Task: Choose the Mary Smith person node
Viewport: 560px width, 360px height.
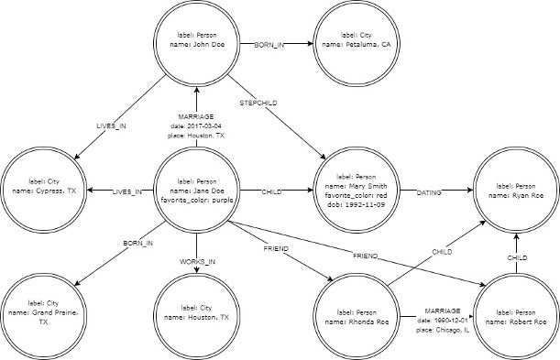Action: [353, 190]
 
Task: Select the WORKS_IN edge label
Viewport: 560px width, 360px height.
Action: [198, 262]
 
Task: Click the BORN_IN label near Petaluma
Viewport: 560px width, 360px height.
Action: [269, 45]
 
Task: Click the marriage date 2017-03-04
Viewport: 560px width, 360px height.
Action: [198, 125]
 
